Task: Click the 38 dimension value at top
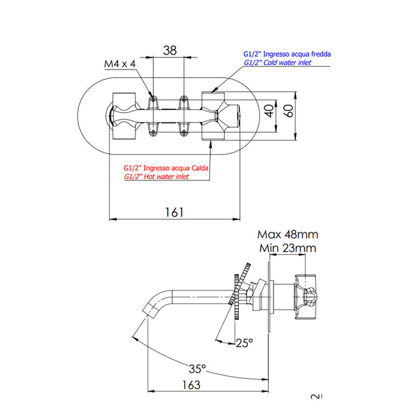click(170, 51)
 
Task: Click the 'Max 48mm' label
click(288, 234)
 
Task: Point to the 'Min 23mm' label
click(288, 248)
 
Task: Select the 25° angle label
click(245, 343)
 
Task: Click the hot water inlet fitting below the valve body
click(212, 135)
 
